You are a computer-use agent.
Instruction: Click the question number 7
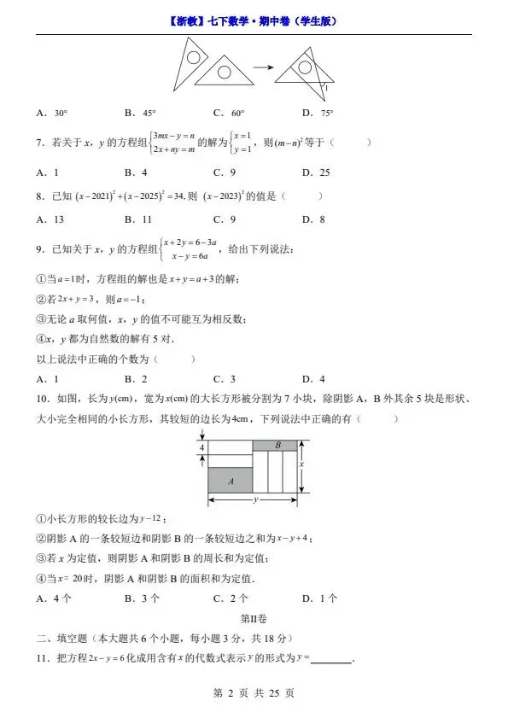click(40, 143)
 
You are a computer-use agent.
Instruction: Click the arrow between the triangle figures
click(266, 68)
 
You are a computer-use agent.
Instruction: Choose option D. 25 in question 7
click(316, 172)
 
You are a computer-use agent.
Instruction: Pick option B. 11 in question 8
click(138, 219)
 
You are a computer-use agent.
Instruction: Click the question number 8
click(40, 196)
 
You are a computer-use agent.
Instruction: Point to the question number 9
click(40, 249)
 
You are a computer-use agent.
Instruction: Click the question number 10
click(42, 399)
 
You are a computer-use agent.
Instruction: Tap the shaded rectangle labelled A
click(232, 482)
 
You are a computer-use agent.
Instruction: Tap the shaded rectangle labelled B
click(277, 446)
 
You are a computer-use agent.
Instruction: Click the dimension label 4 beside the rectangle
click(201, 448)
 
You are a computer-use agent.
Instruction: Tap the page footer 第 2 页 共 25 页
click(254, 693)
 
